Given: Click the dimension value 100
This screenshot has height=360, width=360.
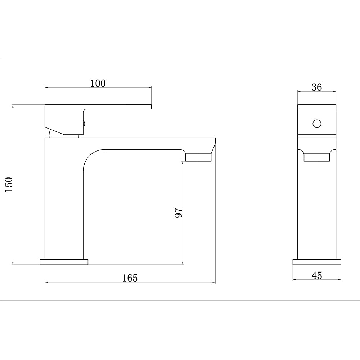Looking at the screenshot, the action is coord(98,84).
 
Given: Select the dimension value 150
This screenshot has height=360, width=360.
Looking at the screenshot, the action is coord(9,185).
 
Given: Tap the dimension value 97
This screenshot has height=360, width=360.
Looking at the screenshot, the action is coord(179,213).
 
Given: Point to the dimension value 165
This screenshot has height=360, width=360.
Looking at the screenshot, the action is coord(130,278).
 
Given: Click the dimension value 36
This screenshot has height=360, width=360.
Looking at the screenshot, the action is coord(316,87).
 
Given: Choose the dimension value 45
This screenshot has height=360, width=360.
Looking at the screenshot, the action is coord(317,275).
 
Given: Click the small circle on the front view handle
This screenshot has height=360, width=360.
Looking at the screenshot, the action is coord(317,123).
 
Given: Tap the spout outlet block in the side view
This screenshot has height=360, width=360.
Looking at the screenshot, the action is coord(317,157).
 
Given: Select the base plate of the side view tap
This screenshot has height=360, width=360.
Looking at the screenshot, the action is coord(317,262).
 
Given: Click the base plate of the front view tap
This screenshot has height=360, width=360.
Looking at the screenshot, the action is coord(64,262).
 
